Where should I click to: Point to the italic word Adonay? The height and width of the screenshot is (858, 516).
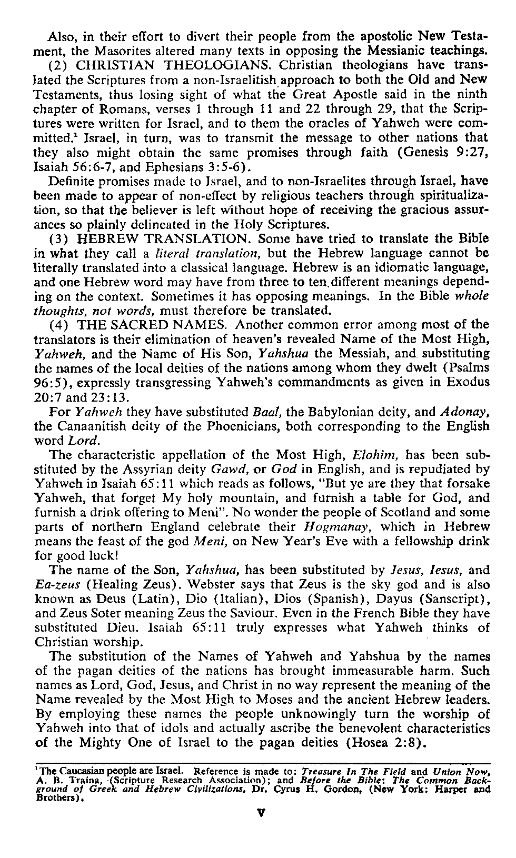(x=468, y=411)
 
